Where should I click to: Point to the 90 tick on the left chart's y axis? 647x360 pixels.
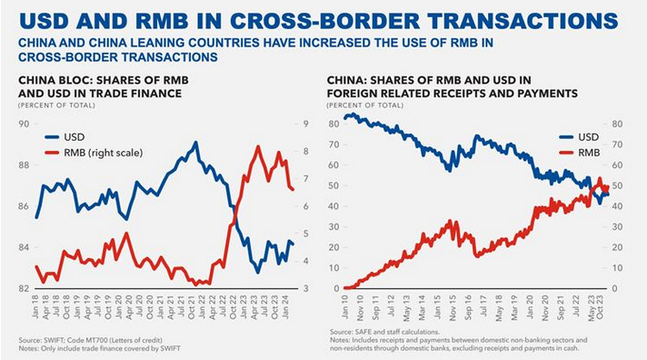point(23,123)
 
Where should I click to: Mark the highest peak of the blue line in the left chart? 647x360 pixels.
point(195,143)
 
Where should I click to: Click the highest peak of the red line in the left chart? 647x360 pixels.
point(259,147)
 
